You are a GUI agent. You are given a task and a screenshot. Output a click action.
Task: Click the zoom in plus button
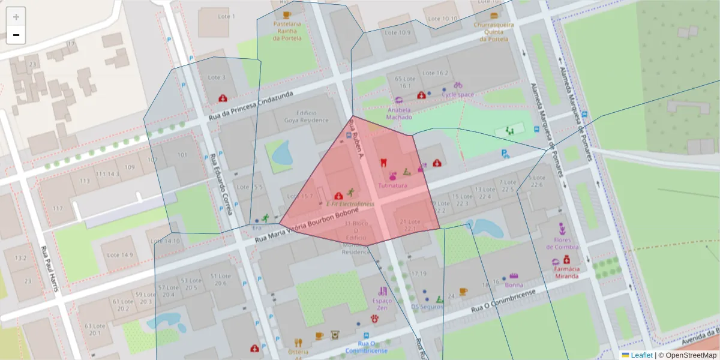16,17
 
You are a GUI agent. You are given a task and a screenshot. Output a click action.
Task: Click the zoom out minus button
16,35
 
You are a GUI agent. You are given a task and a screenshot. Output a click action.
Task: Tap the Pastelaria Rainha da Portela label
286,31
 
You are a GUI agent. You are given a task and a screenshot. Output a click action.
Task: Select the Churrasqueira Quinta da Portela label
491,32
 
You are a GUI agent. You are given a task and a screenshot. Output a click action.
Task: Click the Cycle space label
458,94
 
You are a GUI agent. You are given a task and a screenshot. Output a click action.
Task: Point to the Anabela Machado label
399,113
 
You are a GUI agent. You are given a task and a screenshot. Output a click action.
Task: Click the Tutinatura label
392,185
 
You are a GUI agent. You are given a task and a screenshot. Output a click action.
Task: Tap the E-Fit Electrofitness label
350,204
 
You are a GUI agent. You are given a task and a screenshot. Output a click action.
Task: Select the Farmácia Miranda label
566,272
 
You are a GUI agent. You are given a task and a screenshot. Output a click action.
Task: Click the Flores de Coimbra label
562,243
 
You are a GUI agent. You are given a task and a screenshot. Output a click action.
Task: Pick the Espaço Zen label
382,304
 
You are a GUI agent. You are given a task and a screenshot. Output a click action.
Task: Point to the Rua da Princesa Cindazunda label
251,108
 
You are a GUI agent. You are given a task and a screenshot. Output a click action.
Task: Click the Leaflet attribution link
641,355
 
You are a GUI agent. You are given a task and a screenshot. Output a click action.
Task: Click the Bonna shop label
514,284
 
